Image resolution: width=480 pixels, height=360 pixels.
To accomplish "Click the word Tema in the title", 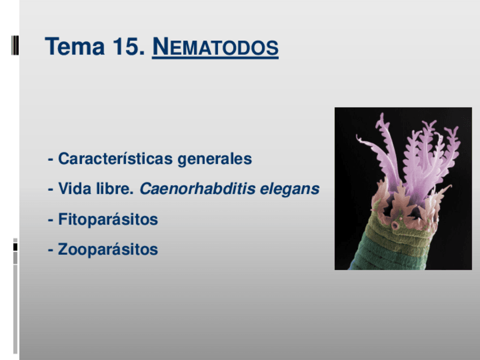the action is tap(75, 46).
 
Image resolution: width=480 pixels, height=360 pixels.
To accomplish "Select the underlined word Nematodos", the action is tap(215, 47).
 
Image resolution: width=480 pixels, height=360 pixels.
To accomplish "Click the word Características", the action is tap(115, 158).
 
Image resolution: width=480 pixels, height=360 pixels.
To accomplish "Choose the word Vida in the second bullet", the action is tap(75, 188).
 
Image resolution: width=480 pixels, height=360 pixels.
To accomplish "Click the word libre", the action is tap(115, 188).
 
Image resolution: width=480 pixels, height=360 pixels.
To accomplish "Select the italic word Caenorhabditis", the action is tap(198, 188).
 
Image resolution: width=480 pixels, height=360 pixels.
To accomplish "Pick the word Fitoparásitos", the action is tap(108, 220).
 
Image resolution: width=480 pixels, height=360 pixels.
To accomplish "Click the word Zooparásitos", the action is tap(108, 249).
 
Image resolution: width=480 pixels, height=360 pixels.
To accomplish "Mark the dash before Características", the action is tap(50, 160).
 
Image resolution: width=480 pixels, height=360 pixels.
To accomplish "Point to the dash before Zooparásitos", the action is tap(50, 250).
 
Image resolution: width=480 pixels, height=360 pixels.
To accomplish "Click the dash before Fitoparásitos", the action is tap(50, 220).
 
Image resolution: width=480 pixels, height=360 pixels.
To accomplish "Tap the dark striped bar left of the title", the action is tap(15, 45).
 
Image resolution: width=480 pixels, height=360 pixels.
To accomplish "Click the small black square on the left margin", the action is tap(15, 247).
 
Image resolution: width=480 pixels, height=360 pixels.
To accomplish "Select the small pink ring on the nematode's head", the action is tap(395, 226).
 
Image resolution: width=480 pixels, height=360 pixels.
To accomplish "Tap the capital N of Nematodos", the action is tap(161, 46).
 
